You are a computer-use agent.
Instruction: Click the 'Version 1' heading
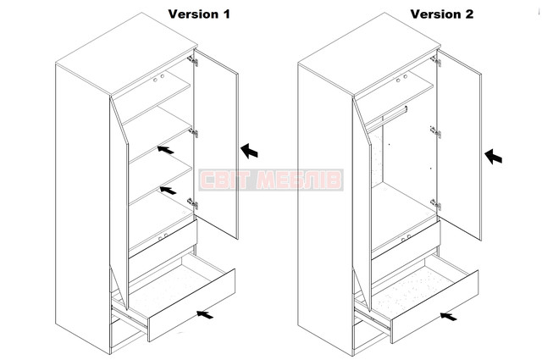point(199,14)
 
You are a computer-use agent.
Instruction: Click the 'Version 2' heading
point(442,14)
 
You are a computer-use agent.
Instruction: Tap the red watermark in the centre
point(271,180)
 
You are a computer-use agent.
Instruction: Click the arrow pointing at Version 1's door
point(249,151)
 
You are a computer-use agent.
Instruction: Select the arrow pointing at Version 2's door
point(493,157)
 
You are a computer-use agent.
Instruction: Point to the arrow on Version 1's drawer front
point(205,314)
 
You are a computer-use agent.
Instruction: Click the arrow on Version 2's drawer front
point(448,316)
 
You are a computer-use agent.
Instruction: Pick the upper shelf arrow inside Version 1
point(166,150)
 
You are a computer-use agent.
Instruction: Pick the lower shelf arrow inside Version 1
point(168,191)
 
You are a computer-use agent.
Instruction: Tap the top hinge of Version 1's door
point(193,60)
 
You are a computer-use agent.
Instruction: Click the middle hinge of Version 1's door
point(193,132)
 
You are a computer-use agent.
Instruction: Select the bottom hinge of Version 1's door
point(193,203)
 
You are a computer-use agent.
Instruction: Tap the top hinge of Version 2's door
point(436,61)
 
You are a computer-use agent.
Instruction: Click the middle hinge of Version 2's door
point(436,132)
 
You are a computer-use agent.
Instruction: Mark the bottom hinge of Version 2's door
point(436,204)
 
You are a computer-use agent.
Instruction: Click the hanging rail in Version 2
point(394,114)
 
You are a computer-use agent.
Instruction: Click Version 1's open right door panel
point(216,144)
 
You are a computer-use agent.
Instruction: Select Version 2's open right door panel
point(459,145)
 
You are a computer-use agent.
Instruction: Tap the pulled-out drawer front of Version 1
point(192,305)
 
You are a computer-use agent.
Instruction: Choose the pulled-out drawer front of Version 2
point(434,307)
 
